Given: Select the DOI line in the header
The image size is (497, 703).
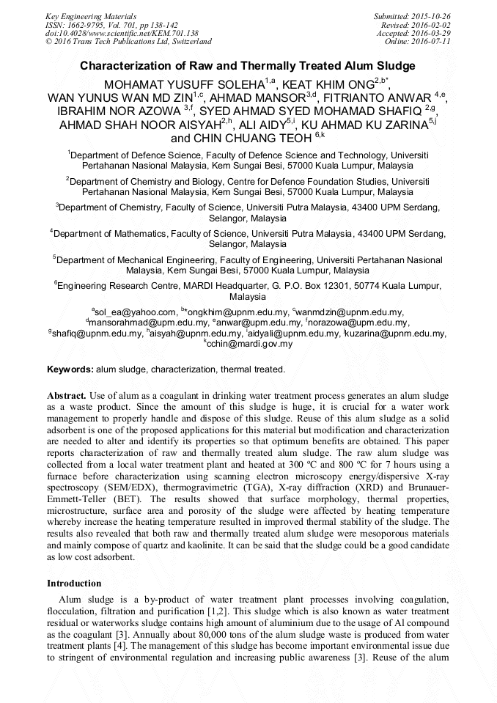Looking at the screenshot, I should point(122,33).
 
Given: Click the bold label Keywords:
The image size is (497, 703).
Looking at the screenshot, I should point(70,369).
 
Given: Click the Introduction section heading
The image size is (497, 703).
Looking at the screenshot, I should point(74,584).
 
